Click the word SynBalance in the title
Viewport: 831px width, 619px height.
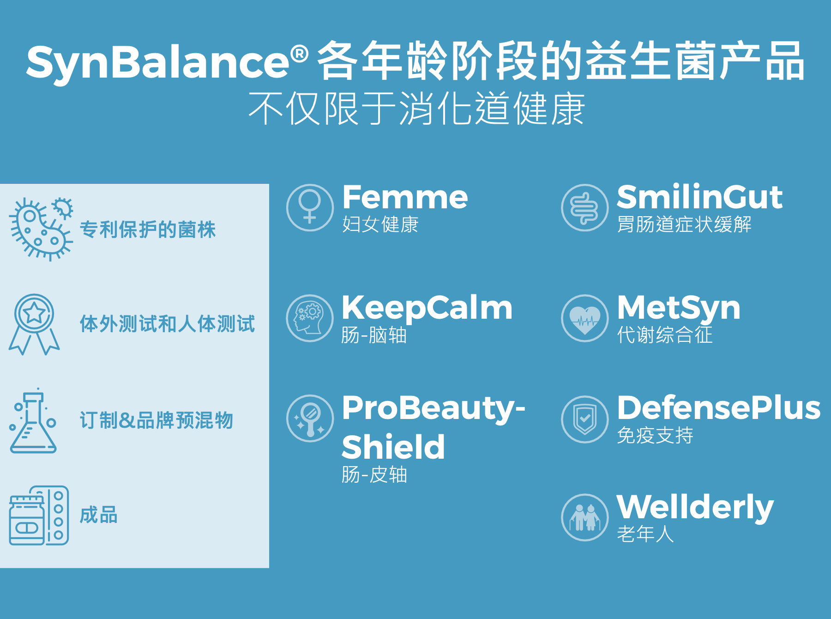(x=157, y=62)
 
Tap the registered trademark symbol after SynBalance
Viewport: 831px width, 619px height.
(x=300, y=54)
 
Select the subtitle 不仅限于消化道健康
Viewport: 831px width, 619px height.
(x=416, y=109)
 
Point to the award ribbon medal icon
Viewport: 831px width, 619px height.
(x=34, y=324)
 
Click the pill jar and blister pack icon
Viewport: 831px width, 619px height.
(x=39, y=515)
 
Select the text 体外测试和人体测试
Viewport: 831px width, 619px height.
(x=167, y=324)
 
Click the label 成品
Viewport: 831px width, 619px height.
(x=99, y=515)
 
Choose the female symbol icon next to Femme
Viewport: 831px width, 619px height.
(x=310, y=207)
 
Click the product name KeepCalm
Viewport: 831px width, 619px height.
(x=427, y=308)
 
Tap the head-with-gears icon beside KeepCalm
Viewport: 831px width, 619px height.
(x=310, y=318)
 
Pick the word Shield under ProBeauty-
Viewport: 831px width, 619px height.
(x=393, y=447)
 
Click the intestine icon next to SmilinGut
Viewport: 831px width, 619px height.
(x=584, y=207)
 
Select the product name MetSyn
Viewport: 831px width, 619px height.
(x=678, y=308)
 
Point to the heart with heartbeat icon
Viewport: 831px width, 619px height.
(x=584, y=318)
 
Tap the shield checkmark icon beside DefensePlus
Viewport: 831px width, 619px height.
(x=584, y=419)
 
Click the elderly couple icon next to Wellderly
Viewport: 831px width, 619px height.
(x=584, y=517)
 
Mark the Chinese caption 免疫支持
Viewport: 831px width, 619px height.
(x=655, y=435)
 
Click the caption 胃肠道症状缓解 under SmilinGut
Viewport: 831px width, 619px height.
(x=684, y=225)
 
